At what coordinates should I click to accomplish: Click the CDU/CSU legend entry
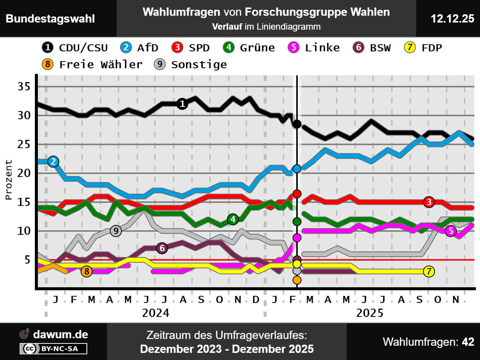click(x=75, y=48)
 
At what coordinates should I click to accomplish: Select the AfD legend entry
click(x=139, y=48)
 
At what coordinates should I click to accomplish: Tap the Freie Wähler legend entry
click(x=92, y=64)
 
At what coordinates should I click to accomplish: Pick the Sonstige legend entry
click(x=190, y=64)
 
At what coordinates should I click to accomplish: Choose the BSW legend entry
click(x=372, y=48)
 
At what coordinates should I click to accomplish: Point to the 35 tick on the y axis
click(x=24, y=87)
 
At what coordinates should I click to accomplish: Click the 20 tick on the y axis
click(x=24, y=173)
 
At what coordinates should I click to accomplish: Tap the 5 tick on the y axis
click(x=27, y=259)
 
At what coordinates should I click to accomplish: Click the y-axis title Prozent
click(x=9, y=180)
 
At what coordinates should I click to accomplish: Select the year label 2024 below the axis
click(x=156, y=313)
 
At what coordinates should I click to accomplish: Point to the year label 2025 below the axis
click(x=370, y=313)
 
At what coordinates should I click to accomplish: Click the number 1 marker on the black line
click(x=182, y=103)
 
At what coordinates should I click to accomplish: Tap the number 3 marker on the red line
click(x=429, y=202)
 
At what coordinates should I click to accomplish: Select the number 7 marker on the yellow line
click(x=429, y=271)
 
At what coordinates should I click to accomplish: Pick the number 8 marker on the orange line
click(x=87, y=271)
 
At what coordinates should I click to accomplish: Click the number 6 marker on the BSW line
click(x=162, y=248)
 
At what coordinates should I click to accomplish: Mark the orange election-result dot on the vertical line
click(x=297, y=280)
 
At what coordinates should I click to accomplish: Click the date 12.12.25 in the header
click(x=452, y=19)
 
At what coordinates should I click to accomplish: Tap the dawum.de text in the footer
click(x=60, y=334)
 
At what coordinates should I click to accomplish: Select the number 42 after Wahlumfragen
click(x=468, y=342)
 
